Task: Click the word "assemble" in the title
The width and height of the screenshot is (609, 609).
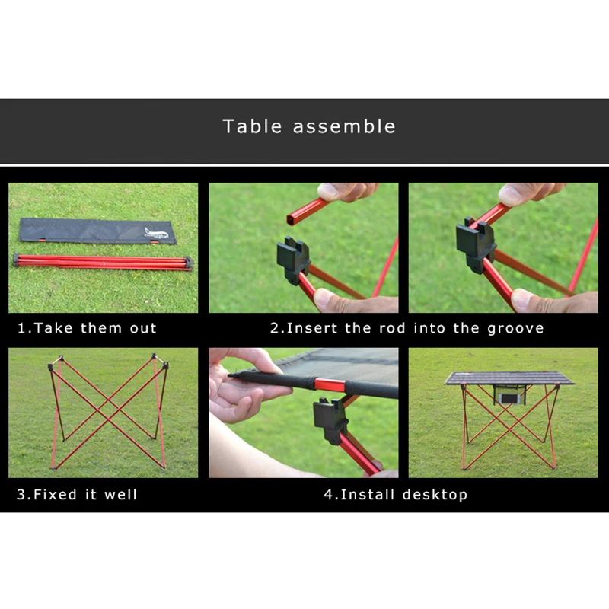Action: (344, 126)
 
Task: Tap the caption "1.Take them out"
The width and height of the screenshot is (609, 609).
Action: (87, 329)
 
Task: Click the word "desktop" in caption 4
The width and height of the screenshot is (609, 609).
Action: (434, 495)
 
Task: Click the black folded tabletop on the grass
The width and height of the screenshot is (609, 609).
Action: (97, 231)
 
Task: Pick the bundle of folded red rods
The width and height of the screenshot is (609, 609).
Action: (103, 262)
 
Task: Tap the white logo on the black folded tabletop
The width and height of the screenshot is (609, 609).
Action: (156, 233)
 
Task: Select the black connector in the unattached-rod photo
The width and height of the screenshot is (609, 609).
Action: (293, 256)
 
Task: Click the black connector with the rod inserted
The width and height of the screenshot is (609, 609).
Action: (476, 244)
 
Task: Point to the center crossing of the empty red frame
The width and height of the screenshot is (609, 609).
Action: (109, 411)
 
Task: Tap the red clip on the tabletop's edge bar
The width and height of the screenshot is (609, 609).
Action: (330, 384)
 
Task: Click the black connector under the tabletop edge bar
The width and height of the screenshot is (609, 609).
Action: (330, 419)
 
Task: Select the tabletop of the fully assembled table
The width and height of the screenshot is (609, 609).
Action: (509, 378)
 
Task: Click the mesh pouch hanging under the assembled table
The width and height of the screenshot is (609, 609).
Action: (509, 395)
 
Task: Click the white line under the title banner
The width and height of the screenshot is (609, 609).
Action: (304, 165)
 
